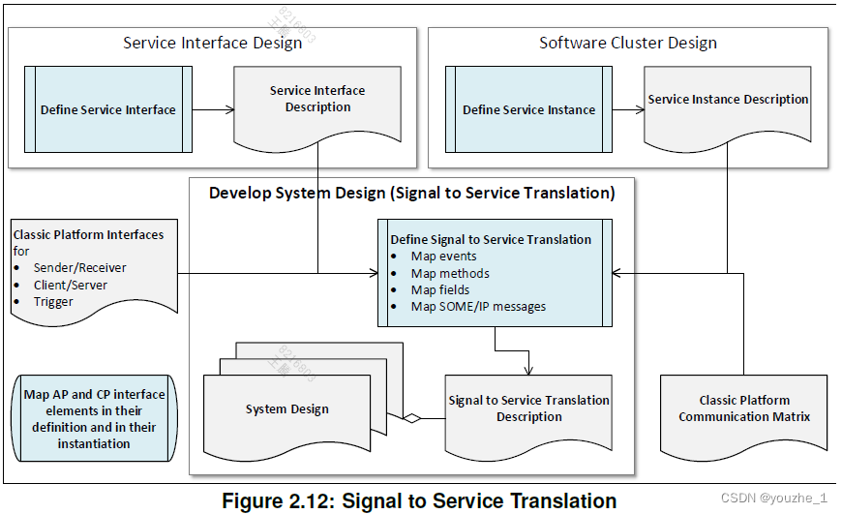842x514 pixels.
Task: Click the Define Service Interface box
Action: (x=108, y=109)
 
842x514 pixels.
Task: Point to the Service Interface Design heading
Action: (x=211, y=43)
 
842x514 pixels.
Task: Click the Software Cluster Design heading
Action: (x=627, y=43)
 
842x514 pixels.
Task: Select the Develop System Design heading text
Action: (x=411, y=193)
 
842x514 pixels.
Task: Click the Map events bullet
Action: (x=443, y=257)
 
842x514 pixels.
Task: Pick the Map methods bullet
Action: (x=450, y=273)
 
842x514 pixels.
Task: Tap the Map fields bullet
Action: (x=440, y=289)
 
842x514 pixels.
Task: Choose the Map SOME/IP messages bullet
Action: (x=478, y=306)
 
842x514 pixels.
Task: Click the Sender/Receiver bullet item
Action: (x=79, y=267)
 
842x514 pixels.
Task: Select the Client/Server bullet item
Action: (x=71, y=285)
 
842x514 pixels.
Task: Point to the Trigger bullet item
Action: (x=53, y=301)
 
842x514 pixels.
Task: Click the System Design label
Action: (x=286, y=409)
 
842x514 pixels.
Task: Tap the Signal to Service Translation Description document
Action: (x=528, y=408)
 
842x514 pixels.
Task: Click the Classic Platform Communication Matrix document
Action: (x=743, y=408)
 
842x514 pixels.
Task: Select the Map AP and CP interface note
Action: (x=94, y=418)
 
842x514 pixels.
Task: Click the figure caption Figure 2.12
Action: (x=418, y=500)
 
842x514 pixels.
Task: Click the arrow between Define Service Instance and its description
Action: (x=628, y=109)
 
